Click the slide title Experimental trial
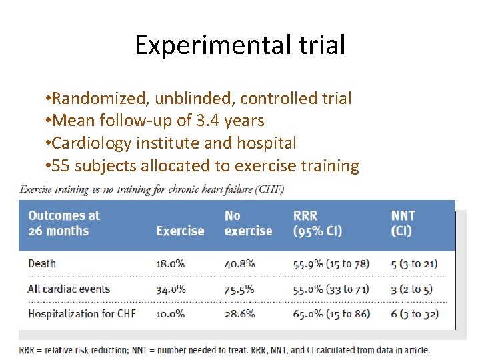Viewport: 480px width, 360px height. coord(240,45)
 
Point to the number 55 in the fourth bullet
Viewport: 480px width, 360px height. coord(61,165)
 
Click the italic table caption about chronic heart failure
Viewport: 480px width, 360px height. coord(152,189)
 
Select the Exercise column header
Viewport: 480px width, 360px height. coord(180,231)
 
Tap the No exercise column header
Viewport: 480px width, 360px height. coord(248,223)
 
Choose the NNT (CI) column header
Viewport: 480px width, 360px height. coord(403,223)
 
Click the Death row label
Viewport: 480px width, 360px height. coord(42,263)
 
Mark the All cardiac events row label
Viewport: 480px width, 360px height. coord(69,289)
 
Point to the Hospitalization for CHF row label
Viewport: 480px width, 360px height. coord(81,313)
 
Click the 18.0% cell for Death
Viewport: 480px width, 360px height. coord(171,263)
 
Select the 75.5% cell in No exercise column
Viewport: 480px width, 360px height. coord(240,289)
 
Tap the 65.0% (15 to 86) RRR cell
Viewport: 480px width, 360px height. coord(331,313)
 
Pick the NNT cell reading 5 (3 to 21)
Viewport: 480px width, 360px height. coord(414,263)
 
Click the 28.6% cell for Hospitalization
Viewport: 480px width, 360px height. coord(240,313)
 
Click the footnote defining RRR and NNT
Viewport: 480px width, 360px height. coord(225,349)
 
